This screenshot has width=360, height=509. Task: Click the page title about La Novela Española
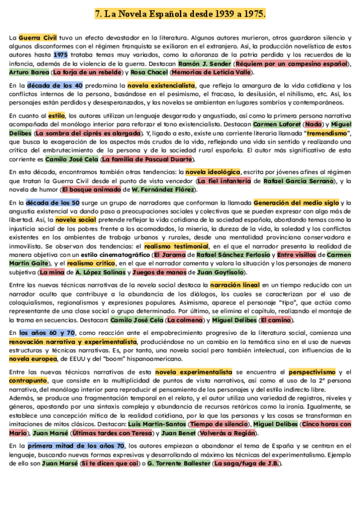[x=180, y=13]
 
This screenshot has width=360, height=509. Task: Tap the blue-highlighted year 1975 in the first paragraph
[x=60, y=54]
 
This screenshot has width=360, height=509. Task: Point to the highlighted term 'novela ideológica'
[x=212, y=172]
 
